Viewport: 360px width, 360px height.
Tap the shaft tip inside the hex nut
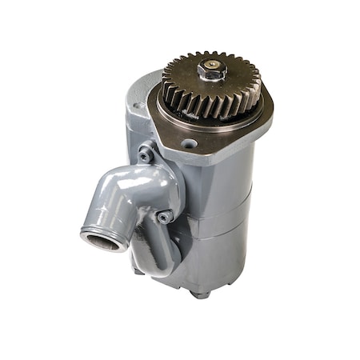pos(213,64)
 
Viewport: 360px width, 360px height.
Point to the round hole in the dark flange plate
pos(190,144)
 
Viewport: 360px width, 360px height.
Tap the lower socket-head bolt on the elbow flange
pos(164,217)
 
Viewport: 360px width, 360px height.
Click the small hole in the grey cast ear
pos(140,105)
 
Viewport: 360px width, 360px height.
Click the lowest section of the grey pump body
pos(216,260)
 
